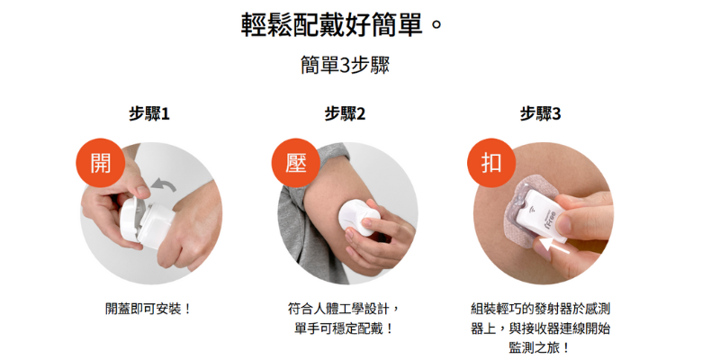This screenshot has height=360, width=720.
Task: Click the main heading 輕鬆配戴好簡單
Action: pos(331,25)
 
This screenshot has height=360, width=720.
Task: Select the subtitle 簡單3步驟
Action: pos(345,65)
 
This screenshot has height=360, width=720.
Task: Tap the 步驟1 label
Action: pos(149,114)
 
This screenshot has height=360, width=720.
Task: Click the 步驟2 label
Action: pos(345,114)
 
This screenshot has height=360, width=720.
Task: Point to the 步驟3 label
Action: pos(541,114)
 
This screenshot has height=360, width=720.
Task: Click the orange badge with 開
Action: pos(101,163)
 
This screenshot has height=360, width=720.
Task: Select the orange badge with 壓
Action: pos(296,163)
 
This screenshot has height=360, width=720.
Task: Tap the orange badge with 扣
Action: pos(491,163)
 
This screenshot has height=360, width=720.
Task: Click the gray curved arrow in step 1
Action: pos(164,185)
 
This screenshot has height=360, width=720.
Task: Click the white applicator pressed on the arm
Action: pos(359,217)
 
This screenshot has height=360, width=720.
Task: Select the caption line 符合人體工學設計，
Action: pos(345,309)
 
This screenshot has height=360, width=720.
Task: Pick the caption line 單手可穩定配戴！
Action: pos(345,328)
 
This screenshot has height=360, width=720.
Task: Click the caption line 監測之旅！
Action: pos(541,348)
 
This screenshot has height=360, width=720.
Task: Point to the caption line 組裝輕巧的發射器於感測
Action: pos(541,309)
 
